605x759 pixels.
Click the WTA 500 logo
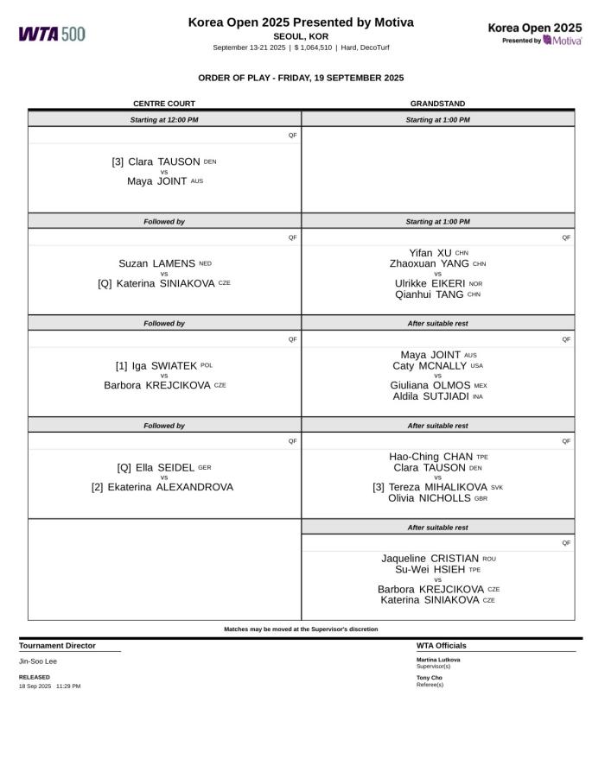point(52,34)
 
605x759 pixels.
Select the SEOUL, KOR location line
point(301,36)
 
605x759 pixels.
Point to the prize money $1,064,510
point(313,47)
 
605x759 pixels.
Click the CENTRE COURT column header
point(164,104)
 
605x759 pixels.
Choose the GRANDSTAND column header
point(437,104)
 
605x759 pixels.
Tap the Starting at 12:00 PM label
point(164,120)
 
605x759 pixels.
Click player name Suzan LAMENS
point(156,263)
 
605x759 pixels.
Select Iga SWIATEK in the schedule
point(164,365)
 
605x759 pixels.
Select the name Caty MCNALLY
point(430,365)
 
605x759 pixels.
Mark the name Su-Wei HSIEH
point(430,569)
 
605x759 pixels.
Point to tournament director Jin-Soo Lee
point(38,661)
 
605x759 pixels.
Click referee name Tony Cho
point(429,678)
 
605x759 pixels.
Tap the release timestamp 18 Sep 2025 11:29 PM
point(50,686)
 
